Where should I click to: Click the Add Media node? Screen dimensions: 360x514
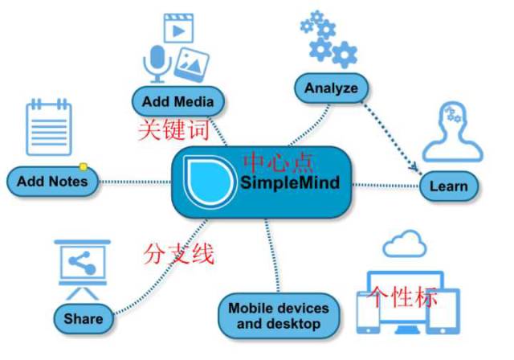click(177, 102)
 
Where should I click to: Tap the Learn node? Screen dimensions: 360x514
click(448, 186)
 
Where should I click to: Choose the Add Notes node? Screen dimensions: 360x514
click(51, 181)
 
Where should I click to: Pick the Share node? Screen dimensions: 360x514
click(84, 318)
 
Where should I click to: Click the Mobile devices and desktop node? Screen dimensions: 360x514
click(278, 316)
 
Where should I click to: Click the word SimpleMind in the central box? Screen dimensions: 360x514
click(290, 183)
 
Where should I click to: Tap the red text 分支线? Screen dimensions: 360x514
click(178, 255)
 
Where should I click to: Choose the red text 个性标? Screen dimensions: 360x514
click(402, 297)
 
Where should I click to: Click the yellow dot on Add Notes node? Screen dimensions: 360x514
click(83, 167)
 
